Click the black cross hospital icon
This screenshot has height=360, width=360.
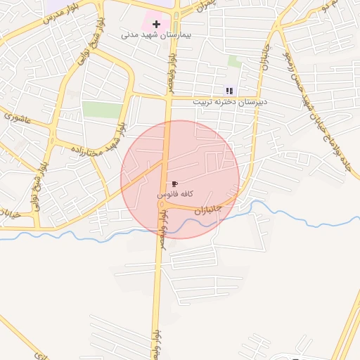(x=166, y=25)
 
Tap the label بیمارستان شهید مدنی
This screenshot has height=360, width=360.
(x=157, y=34)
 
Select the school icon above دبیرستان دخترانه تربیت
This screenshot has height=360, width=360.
(x=229, y=91)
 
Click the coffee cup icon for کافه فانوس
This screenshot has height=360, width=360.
(x=174, y=183)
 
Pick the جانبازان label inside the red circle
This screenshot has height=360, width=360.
(x=207, y=210)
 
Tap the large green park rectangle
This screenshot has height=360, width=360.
(x=103, y=110)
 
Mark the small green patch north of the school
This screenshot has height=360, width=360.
(x=235, y=62)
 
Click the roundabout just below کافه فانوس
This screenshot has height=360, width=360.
(x=161, y=204)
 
